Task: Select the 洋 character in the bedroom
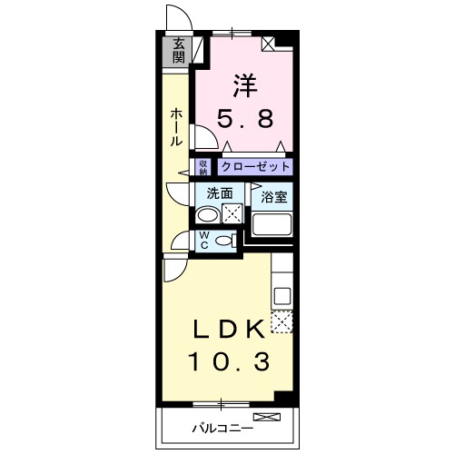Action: [x=244, y=85]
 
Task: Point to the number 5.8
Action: [x=244, y=117]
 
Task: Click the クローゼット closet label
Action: [x=255, y=167]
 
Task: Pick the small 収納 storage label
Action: [x=203, y=167]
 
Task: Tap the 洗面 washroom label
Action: [x=219, y=193]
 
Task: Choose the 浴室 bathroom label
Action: [x=273, y=196]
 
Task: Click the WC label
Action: [x=205, y=240]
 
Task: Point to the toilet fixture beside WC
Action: [x=229, y=241]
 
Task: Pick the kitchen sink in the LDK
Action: [x=281, y=295]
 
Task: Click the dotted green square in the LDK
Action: [x=281, y=321]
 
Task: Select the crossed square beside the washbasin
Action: [x=232, y=215]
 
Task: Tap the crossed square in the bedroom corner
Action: [x=270, y=44]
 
